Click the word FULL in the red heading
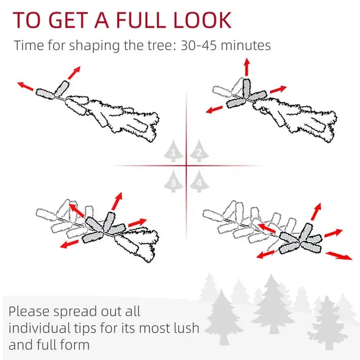pyautogui.click(x=141, y=20)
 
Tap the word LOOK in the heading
pyautogui.click(x=202, y=20)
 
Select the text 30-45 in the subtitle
pyautogui.click(x=198, y=45)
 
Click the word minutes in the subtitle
pyautogui.click(x=246, y=45)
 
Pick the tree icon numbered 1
pyautogui.click(x=173, y=151)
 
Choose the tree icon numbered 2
pyautogui.click(x=199, y=151)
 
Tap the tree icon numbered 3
pyautogui.click(x=173, y=181)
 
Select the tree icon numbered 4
pyautogui.click(x=199, y=181)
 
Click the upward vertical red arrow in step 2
pyautogui.click(x=247, y=67)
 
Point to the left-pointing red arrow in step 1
pyautogui.click(x=25, y=86)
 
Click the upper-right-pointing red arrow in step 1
pyautogui.click(x=74, y=73)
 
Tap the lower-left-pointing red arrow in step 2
pyautogui.click(x=214, y=109)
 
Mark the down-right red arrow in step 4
pyautogui.click(x=339, y=256)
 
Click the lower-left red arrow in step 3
pyautogui.click(x=69, y=244)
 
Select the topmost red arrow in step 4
pyautogui.click(x=316, y=212)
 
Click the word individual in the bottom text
pyautogui.click(x=39, y=328)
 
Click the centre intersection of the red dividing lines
pyautogui.click(x=186, y=165)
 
